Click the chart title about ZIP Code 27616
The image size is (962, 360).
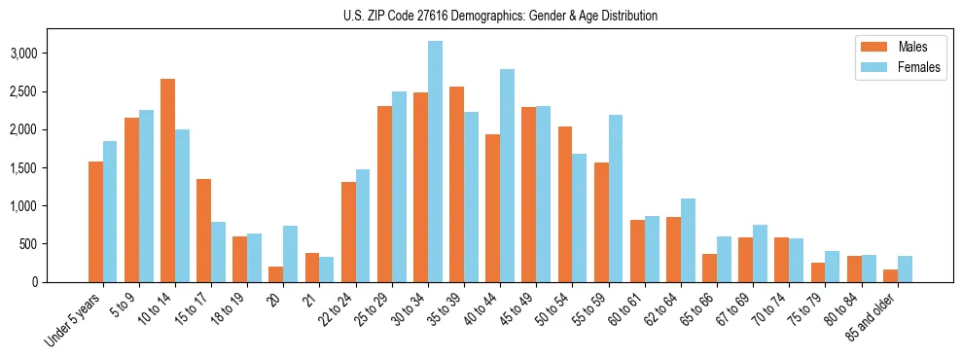[500, 16]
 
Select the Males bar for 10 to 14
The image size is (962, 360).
[167, 181]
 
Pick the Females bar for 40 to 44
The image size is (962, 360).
[507, 176]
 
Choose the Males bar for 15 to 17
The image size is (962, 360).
[203, 231]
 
